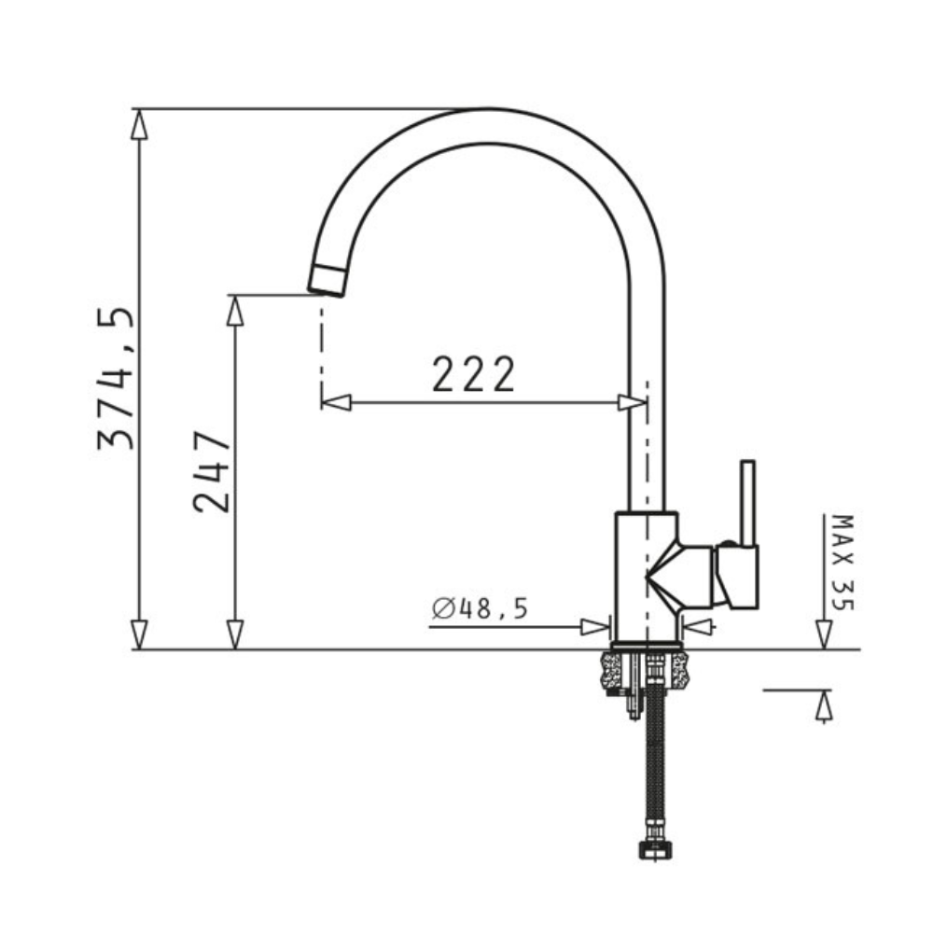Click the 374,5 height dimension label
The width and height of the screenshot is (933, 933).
click(x=117, y=379)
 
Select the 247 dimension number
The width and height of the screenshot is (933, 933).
click(x=212, y=471)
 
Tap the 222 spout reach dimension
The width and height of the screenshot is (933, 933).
click(x=473, y=374)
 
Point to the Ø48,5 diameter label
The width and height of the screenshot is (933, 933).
click(x=480, y=608)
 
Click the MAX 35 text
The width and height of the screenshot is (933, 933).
click(x=842, y=563)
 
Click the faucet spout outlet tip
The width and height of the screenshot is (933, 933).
click(x=326, y=280)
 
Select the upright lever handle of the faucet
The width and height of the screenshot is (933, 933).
click(x=747, y=504)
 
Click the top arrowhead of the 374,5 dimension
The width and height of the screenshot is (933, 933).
click(x=139, y=124)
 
